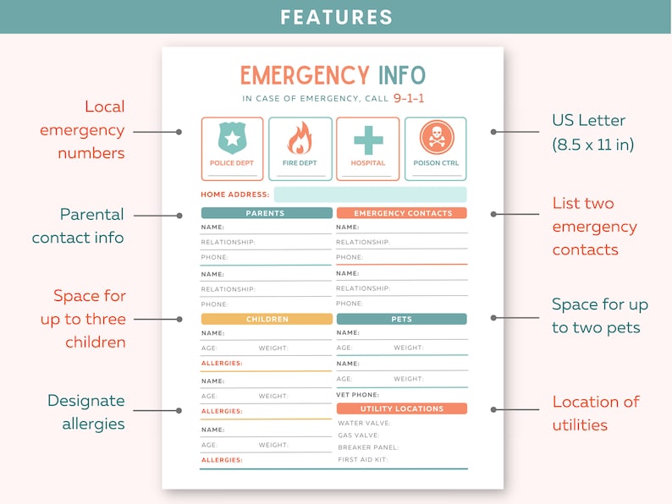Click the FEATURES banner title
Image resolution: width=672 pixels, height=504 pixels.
[336, 17]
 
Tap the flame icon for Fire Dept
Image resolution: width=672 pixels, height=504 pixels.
[300, 139]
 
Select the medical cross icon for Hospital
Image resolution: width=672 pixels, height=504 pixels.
[368, 139]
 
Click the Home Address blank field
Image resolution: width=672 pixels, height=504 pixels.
[370, 194]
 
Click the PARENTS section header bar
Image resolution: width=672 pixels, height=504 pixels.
[266, 213]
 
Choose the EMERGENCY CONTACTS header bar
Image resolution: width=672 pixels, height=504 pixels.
[402, 213]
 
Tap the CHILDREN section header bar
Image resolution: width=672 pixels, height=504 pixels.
[267, 320]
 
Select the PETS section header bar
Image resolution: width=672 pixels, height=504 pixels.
[402, 320]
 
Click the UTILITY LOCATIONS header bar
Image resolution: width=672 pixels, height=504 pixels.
[402, 408]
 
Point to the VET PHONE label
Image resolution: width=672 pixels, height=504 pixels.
[357, 395]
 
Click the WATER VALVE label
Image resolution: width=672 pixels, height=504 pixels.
[364, 423]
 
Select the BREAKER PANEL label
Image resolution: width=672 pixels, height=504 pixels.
[367, 447]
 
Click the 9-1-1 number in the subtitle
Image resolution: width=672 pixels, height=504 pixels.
[409, 98]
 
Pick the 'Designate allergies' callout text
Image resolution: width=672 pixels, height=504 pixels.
[85, 412]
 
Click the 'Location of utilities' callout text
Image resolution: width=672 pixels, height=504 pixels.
[596, 413]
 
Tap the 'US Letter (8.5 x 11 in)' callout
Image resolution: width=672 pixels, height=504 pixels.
[592, 132]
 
